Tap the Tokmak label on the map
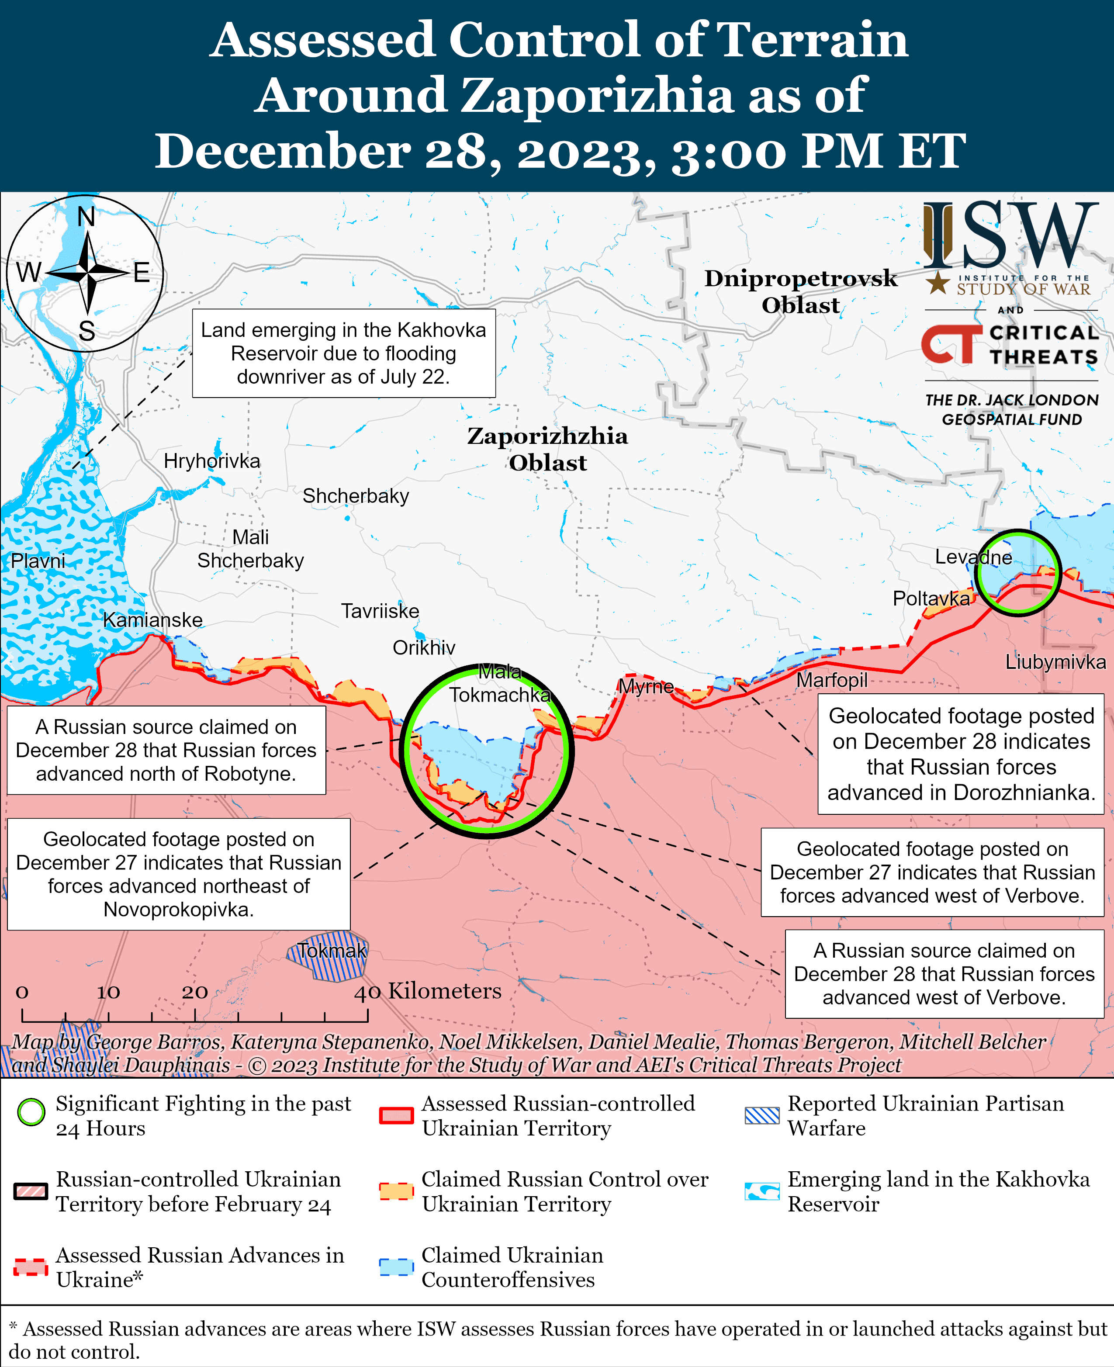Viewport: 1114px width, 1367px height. click(332, 951)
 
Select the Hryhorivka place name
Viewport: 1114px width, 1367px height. click(212, 461)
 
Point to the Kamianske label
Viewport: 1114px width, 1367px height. click(153, 620)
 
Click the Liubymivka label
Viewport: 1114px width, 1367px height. click(1055, 662)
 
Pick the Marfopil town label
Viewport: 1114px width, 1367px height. click(832, 680)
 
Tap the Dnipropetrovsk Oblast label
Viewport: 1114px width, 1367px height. click(801, 291)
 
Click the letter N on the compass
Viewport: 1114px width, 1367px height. click(86, 217)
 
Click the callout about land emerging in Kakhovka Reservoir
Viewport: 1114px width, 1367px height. click(343, 353)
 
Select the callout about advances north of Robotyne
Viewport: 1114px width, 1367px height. click(166, 750)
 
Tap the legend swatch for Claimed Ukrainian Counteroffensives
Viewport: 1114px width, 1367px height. click(396, 1267)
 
